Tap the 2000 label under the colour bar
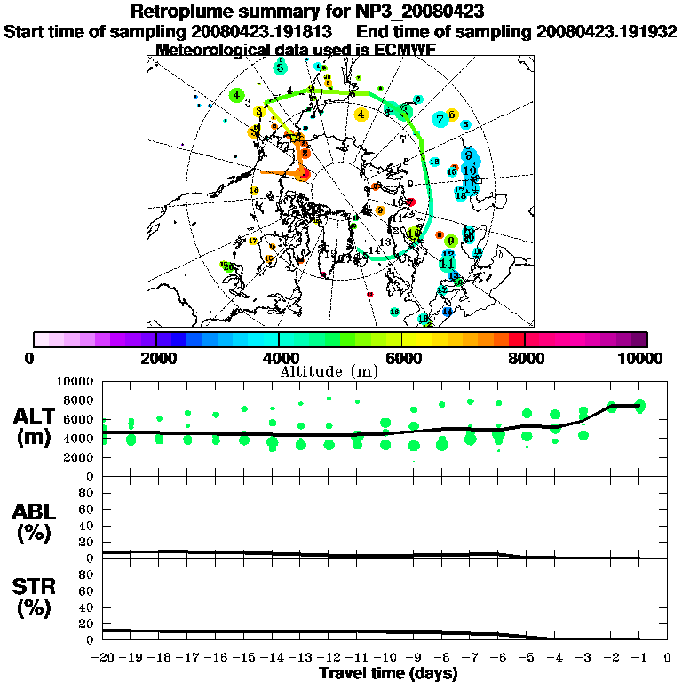[x=156, y=358]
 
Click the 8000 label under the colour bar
[x=525, y=358]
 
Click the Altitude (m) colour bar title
[x=340, y=370]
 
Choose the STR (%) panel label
[x=37, y=597]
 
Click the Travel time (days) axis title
[x=388, y=674]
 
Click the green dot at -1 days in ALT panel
[x=639, y=406]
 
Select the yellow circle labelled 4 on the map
[x=361, y=114]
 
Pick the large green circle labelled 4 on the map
[x=236, y=95]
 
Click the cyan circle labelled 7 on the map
[x=440, y=118]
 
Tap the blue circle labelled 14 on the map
[x=447, y=312]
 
